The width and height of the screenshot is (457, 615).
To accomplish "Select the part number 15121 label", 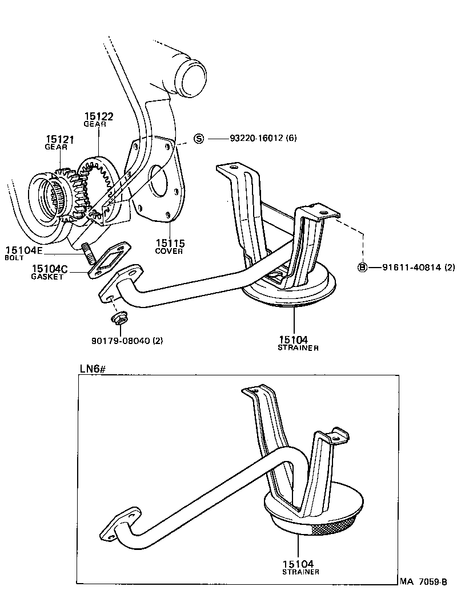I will [60, 139].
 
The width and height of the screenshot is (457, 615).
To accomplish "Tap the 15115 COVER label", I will [169, 246].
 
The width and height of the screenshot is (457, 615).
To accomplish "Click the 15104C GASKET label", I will [50, 271].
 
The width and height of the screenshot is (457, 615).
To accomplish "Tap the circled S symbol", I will [199, 139].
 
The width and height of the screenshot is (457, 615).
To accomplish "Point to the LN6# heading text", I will [93, 369].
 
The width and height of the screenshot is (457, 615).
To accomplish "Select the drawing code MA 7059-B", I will [422, 582].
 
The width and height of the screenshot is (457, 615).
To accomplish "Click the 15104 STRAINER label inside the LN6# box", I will [300, 566].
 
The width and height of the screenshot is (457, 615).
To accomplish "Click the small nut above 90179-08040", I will [118, 317].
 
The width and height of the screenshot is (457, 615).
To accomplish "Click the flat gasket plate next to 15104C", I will [109, 261].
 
